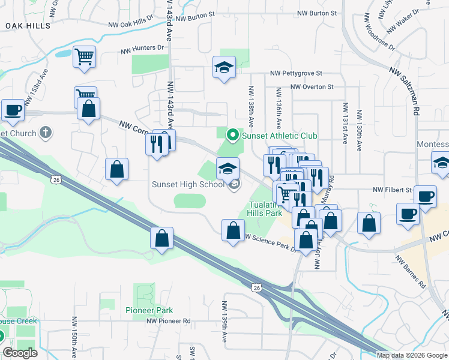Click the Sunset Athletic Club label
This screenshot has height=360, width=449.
coord(279,136)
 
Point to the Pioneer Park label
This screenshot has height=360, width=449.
coord(149,310)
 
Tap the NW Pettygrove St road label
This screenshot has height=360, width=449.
coord(296,73)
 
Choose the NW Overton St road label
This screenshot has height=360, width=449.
coord(312,87)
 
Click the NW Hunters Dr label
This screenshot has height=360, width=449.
coord(142,47)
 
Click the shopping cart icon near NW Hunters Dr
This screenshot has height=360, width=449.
coord(85,57)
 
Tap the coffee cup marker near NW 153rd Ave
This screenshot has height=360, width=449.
coord(13,110)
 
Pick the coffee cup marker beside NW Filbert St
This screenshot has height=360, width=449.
coord(426,196)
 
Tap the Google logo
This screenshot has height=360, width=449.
coord(20,353)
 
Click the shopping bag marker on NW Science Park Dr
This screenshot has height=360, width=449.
coord(233,230)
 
